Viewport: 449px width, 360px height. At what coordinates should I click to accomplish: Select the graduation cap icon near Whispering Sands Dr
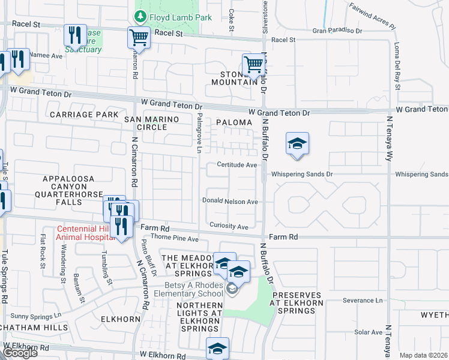pyautogui.click(x=297, y=144)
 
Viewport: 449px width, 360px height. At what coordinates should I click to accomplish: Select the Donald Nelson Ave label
pyautogui.click(x=230, y=202)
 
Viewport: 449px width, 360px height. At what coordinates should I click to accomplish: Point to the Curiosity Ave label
pyautogui.click(x=229, y=226)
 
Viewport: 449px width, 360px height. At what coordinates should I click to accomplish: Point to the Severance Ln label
pyautogui.click(x=363, y=300)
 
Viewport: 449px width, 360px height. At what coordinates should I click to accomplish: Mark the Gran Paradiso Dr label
pyautogui.click(x=337, y=29)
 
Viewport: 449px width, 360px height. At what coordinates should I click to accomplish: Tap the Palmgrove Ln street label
pyautogui.click(x=200, y=132)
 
